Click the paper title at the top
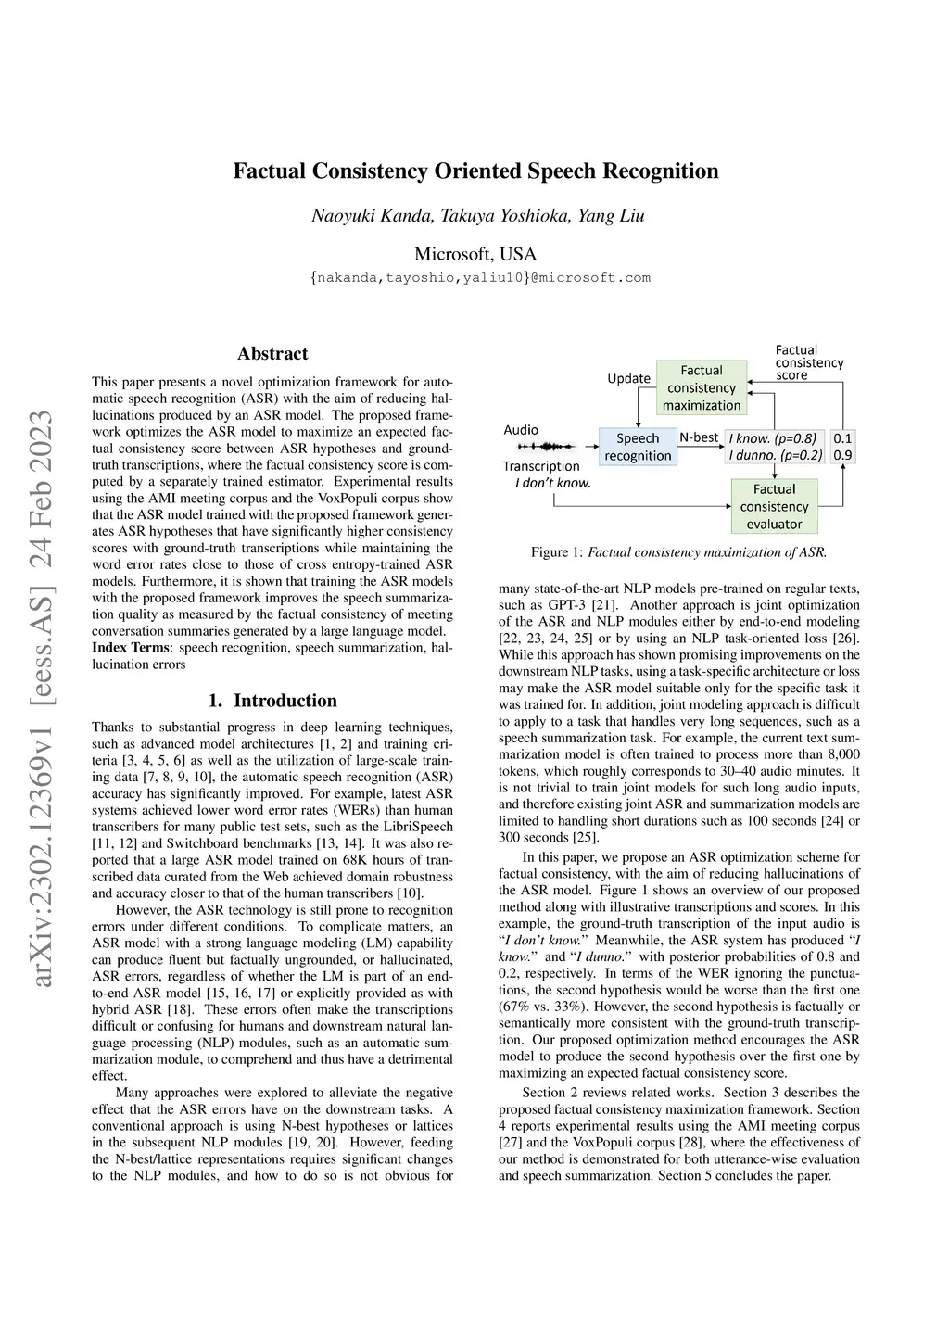pos(475,171)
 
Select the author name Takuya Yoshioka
pos(505,216)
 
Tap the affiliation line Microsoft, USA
pos(475,254)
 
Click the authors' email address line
pos(480,278)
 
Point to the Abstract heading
pos(272,353)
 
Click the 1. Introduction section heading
pos(272,701)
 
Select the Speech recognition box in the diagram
pos(638,447)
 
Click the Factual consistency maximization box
pos(702,387)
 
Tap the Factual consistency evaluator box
pos(774,506)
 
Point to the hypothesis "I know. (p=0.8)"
pos(773,438)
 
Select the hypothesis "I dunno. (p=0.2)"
pos(775,455)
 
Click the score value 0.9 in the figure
pos(842,455)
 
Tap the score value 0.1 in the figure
pos(842,438)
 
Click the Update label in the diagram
pos(628,378)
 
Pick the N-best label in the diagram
pos(699,437)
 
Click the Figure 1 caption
pos(678,552)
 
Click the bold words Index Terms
pos(131,648)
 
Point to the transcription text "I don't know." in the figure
pos(553,483)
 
